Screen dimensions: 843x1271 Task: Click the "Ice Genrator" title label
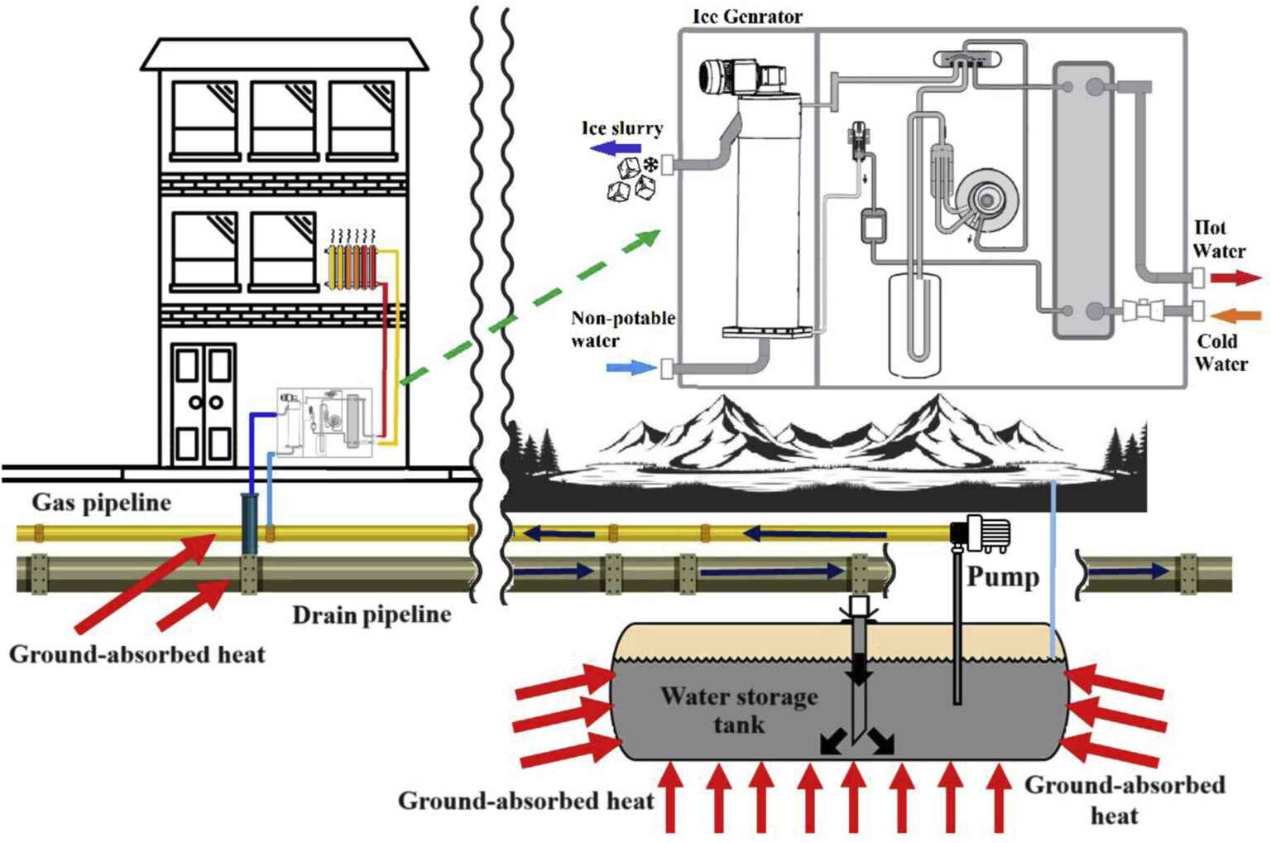pos(746,16)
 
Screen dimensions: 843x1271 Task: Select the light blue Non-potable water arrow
pos(631,367)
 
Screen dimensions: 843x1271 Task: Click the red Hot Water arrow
pos(1235,277)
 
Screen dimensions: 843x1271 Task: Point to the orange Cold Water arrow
pos(1235,315)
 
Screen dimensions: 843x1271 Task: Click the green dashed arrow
pos(530,306)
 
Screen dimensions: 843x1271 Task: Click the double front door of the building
pos(203,402)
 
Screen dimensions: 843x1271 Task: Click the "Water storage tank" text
pos(738,710)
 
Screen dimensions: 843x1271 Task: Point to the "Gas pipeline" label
pos(101,503)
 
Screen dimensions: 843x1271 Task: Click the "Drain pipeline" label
pos(372,614)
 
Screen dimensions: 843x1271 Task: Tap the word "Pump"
pos(1002,576)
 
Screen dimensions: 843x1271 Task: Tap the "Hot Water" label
pos(1218,239)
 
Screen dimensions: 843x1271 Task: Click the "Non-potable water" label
pos(622,329)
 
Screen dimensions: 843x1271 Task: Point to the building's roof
pos(284,54)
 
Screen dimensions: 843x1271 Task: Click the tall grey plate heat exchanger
pos(1082,199)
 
